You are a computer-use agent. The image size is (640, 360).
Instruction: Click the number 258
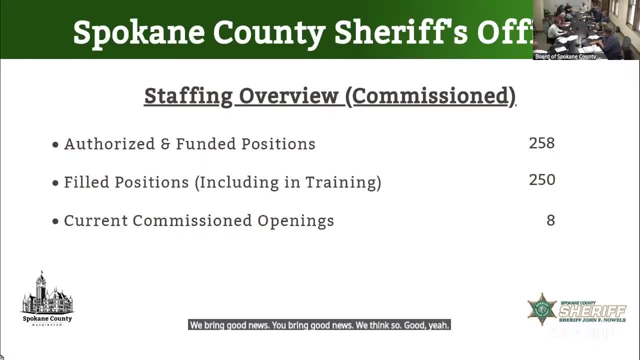pos(541,143)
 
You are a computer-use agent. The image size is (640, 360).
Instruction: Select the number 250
pos(541,180)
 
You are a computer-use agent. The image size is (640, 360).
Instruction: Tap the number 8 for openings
pos(550,220)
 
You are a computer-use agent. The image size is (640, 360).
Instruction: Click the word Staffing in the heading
pos(188,96)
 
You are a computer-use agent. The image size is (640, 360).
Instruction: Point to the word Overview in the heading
pos(288,96)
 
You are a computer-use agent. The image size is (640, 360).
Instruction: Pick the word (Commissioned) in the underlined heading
pos(430,96)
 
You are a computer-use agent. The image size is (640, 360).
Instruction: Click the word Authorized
pos(109,144)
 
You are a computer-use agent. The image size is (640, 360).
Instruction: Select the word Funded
pos(205,144)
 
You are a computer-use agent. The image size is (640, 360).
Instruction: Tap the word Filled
pos(86,182)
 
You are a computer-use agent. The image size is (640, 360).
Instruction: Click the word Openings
pos(295,221)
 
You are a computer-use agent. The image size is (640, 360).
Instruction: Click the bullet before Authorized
pos(55,145)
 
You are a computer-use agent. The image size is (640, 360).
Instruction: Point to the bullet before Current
pos(55,221)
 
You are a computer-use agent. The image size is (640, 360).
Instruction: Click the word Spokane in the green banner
pos(139,32)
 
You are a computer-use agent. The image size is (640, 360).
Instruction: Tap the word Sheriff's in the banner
pos(401,32)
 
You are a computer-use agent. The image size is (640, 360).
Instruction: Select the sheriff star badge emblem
pos(542,309)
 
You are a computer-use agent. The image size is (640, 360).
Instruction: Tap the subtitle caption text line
pos(319,325)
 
